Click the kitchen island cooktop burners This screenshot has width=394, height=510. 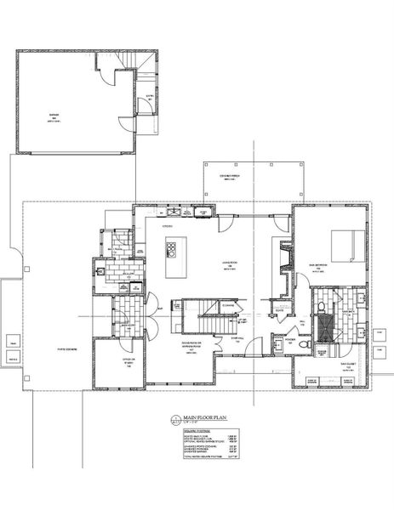[x=171, y=250]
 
